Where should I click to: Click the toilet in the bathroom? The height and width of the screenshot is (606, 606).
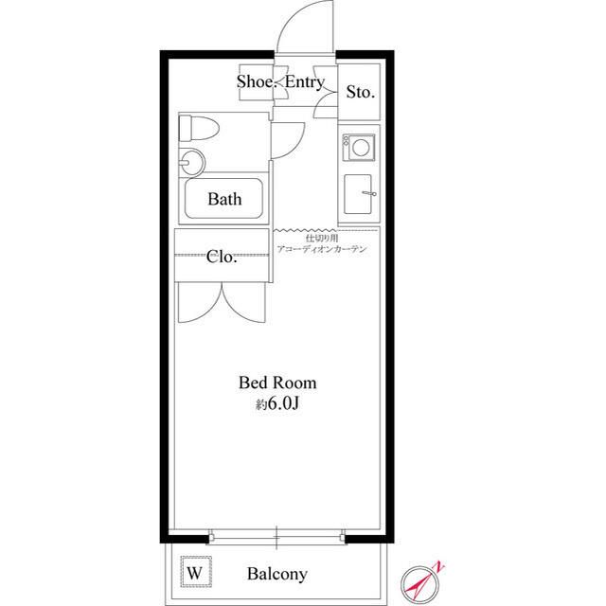[199, 128]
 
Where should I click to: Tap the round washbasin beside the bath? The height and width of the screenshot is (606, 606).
[192, 163]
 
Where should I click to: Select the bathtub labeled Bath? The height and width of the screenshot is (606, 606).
[223, 199]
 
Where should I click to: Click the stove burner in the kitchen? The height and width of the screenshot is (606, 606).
[359, 148]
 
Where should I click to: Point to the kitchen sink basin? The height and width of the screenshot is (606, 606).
[358, 194]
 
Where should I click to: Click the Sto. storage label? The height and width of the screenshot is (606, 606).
[360, 92]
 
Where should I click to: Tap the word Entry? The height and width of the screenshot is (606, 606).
[305, 82]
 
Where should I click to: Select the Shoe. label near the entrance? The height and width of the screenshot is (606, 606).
[257, 81]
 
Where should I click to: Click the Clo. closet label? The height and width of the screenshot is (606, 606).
[222, 257]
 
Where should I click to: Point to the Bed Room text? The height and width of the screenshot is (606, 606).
[277, 383]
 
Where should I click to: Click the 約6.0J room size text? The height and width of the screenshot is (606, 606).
[277, 403]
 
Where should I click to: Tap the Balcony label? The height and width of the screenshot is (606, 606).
[277, 574]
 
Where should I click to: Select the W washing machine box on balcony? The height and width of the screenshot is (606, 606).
[196, 572]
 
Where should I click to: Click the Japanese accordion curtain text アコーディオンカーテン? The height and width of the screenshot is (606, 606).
[322, 249]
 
